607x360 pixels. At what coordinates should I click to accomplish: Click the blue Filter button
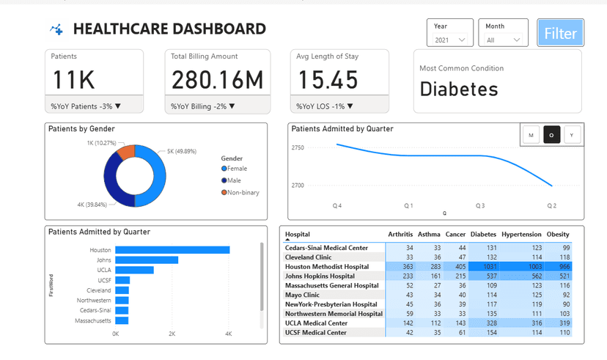(x=560, y=34)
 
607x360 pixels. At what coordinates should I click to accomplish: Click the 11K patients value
(x=73, y=79)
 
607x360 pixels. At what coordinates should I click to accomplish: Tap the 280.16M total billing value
(x=217, y=79)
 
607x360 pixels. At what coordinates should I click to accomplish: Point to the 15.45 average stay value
(x=328, y=79)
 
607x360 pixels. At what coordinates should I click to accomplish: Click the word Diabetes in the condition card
(x=459, y=89)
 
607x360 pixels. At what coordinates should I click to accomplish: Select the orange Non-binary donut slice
(x=125, y=152)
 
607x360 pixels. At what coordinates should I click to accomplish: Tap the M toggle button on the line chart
(x=531, y=134)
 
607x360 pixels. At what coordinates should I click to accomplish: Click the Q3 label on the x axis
(x=480, y=206)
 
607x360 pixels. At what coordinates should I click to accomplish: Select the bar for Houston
(x=172, y=250)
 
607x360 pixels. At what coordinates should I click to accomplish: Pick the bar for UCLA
(x=134, y=270)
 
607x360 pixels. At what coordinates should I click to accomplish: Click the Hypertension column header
(x=521, y=235)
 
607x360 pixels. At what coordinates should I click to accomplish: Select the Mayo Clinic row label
(x=306, y=295)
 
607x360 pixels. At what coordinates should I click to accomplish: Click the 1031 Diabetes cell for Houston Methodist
(x=485, y=267)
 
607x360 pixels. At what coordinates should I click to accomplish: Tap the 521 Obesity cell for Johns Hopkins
(x=563, y=276)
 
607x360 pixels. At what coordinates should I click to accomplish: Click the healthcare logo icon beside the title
(x=56, y=29)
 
